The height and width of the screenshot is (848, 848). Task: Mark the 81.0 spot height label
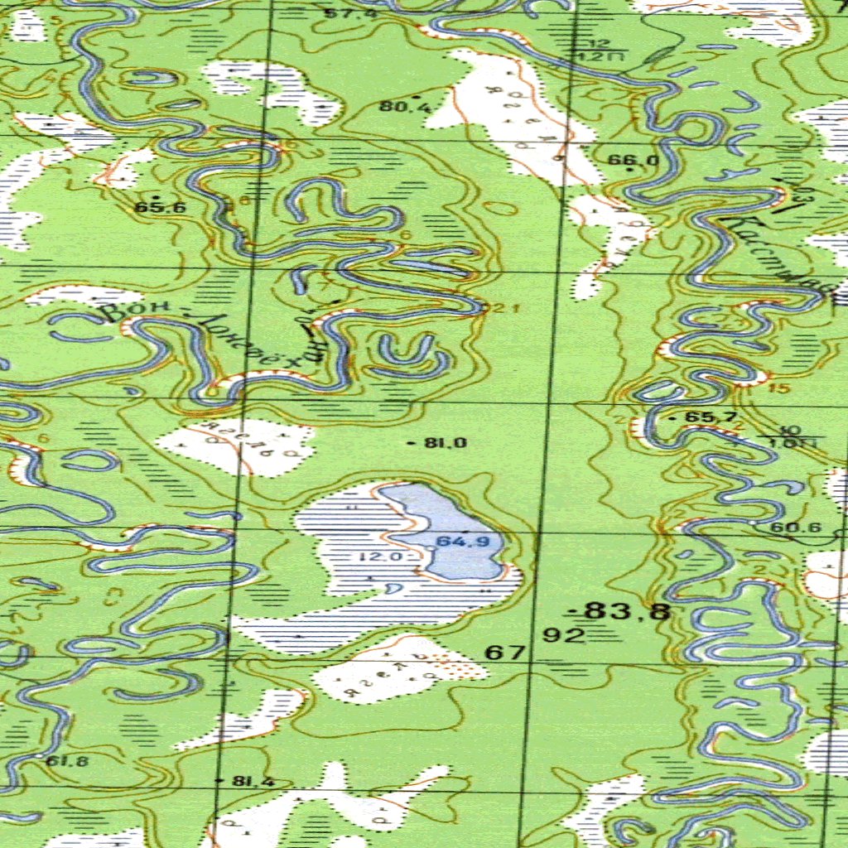pyautogui.click(x=446, y=443)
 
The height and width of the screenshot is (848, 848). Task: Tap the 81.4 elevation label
pyautogui.click(x=253, y=781)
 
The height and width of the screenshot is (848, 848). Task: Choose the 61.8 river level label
pyautogui.click(x=68, y=761)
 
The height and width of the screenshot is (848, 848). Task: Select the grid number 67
pyautogui.click(x=504, y=653)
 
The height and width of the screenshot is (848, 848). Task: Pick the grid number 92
pyautogui.click(x=564, y=635)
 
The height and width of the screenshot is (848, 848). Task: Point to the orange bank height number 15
pyautogui.click(x=775, y=388)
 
